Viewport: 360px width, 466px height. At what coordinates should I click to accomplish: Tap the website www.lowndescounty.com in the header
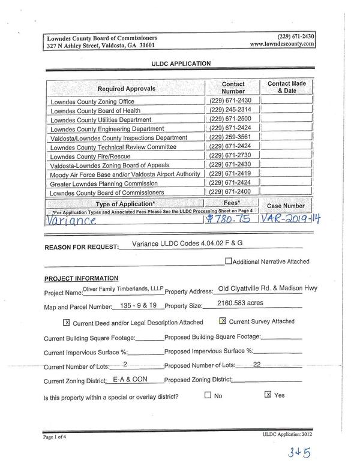point(282,44)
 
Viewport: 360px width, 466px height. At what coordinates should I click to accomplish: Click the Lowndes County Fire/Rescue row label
point(90,156)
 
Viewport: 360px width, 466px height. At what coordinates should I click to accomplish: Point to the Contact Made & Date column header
point(286,88)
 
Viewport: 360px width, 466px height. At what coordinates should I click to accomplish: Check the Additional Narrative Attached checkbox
point(229,261)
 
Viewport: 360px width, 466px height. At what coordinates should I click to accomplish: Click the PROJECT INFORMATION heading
point(81,279)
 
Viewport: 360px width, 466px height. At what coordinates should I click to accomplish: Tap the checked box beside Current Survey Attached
point(223,321)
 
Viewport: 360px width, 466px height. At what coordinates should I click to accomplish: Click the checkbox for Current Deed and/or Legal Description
point(67,322)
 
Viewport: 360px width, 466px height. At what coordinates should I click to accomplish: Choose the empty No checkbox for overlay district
point(208,395)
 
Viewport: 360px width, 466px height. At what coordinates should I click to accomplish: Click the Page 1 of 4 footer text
point(57,437)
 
